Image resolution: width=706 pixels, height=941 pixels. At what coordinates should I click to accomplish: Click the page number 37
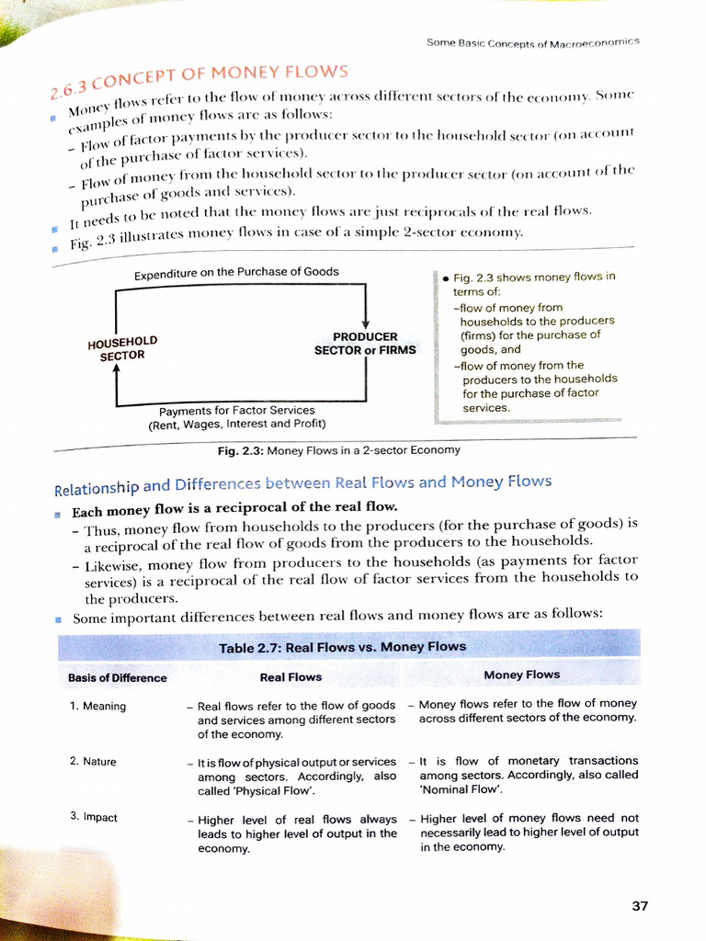pyautogui.click(x=640, y=906)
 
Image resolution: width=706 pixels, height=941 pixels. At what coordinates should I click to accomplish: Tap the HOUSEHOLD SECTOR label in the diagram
pyautogui.click(x=122, y=348)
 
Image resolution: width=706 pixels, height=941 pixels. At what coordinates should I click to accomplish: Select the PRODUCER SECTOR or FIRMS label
pyautogui.click(x=365, y=344)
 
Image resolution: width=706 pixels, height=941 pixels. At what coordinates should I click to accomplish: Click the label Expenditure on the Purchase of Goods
pyautogui.click(x=236, y=272)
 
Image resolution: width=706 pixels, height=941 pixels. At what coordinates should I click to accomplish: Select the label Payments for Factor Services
pyautogui.click(x=236, y=410)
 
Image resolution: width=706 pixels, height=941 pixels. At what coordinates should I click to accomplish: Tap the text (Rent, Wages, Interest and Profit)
pyautogui.click(x=236, y=425)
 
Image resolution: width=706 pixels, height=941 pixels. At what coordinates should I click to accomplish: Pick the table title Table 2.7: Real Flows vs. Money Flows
pyautogui.click(x=342, y=647)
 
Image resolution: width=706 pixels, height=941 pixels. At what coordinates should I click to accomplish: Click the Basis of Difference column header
pyautogui.click(x=118, y=678)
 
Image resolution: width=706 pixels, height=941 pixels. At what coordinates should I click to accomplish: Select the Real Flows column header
pyautogui.click(x=290, y=677)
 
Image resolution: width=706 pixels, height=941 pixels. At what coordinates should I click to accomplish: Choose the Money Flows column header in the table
pyautogui.click(x=521, y=675)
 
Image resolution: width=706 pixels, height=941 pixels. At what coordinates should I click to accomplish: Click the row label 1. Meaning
pyautogui.click(x=97, y=707)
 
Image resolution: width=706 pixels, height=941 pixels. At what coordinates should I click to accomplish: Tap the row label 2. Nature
pyautogui.click(x=93, y=762)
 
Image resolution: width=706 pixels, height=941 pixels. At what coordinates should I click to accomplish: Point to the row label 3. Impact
pyautogui.click(x=94, y=817)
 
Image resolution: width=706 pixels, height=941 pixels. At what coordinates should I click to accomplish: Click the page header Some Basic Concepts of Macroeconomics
pyautogui.click(x=533, y=42)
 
